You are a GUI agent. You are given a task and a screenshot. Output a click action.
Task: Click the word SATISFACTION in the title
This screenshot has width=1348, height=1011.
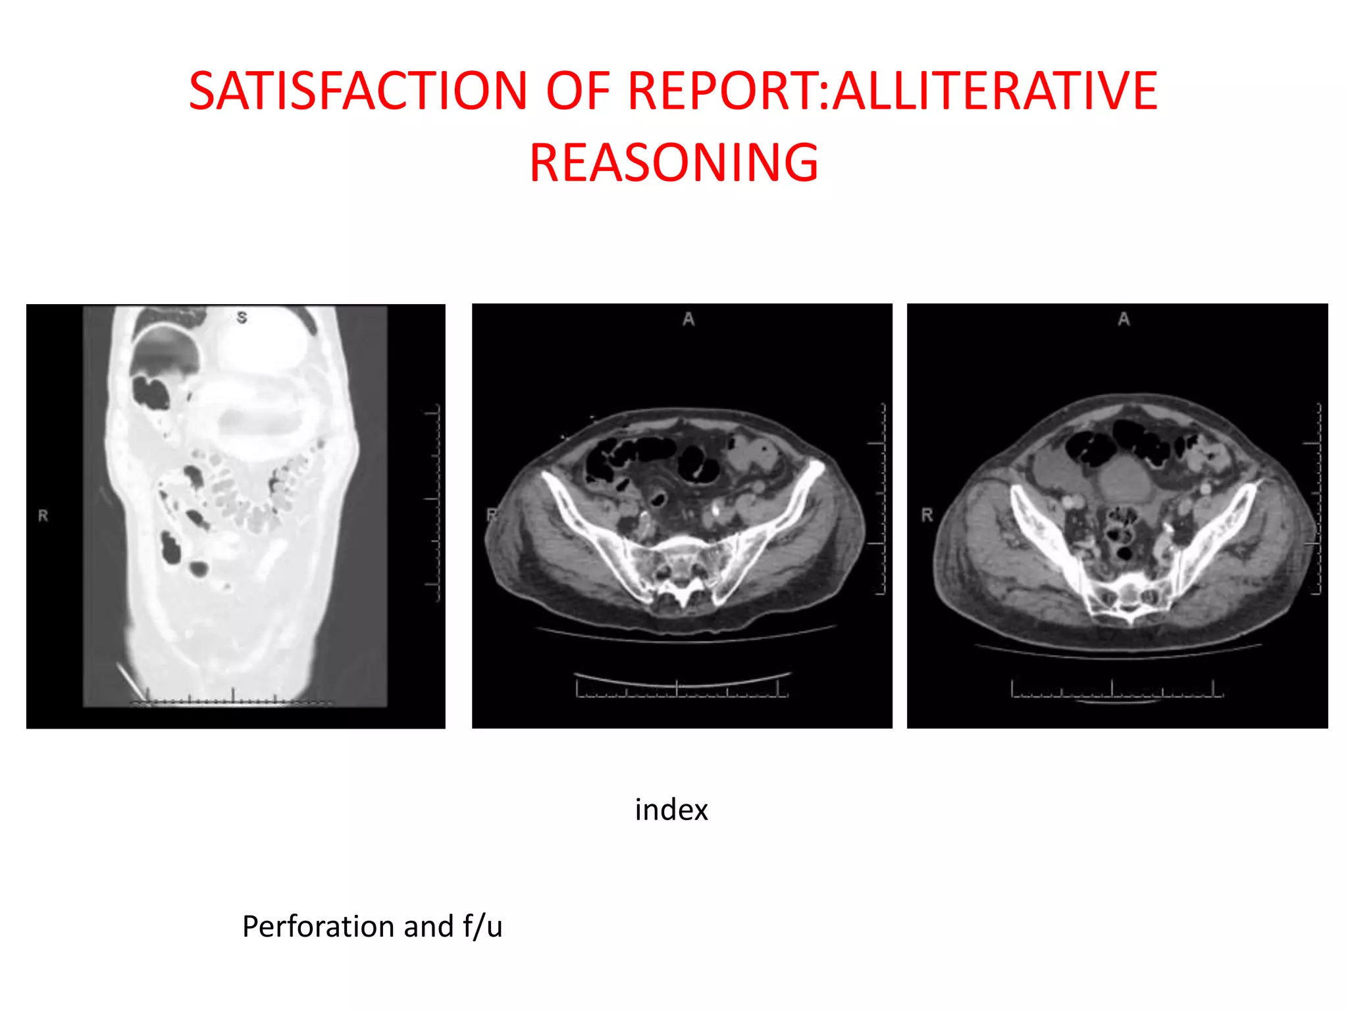(x=358, y=91)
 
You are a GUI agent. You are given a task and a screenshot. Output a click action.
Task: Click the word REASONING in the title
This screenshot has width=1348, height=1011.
(x=673, y=163)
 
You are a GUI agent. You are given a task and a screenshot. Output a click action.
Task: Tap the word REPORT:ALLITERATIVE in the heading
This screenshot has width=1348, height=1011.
(x=893, y=91)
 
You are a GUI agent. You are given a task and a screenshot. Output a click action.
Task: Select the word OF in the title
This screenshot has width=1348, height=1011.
(x=577, y=91)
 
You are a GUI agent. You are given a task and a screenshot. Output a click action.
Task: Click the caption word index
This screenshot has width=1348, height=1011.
(x=671, y=810)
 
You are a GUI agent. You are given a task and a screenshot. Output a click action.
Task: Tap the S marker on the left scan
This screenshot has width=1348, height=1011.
(x=242, y=318)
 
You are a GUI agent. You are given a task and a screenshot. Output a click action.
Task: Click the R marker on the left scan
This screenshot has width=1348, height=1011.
(x=43, y=516)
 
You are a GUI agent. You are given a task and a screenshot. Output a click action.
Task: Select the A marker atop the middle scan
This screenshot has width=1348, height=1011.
(x=688, y=320)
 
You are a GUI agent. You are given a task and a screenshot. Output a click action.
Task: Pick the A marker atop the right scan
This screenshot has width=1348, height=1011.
(x=1124, y=320)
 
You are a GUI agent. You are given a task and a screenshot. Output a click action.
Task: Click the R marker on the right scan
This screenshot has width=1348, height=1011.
(x=927, y=515)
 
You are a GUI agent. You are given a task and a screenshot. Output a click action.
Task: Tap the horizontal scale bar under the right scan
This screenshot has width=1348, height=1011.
(x=1116, y=690)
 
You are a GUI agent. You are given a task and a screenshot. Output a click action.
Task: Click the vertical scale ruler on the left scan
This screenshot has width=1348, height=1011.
(x=434, y=504)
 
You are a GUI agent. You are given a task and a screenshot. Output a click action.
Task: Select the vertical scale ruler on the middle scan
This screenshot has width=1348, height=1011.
(x=881, y=500)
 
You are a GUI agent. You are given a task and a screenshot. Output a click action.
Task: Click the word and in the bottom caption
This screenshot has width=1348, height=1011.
(x=428, y=926)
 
